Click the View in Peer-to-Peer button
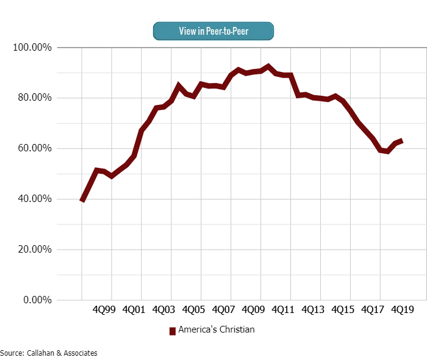pyautogui.click(x=213, y=31)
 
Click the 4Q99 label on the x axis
pyautogui.click(x=104, y=310)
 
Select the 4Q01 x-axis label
pyautogui.click(x=134, y=310)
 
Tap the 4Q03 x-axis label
pyautogui.click(x=163, y=310)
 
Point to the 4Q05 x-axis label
pyautogui.click(x=193, y=310)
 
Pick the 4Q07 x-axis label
pyautogui.click(x=223, y=310)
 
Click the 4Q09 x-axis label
pyautogui.click(x=253, y=310)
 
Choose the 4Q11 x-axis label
pyautogui.click(x=283, y=310)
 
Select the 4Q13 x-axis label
pyautogui.click(x=313, y=310)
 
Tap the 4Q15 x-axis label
pyautogui.click(x=343, y=310)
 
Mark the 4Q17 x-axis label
pyautogui.click(x=373, y=310)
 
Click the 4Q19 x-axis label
pyautogui.click(x=403, y=310)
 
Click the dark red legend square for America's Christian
pyautogui.click(x=173, y=331)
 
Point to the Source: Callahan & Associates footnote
pyautogui.click(x=49, y=353)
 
